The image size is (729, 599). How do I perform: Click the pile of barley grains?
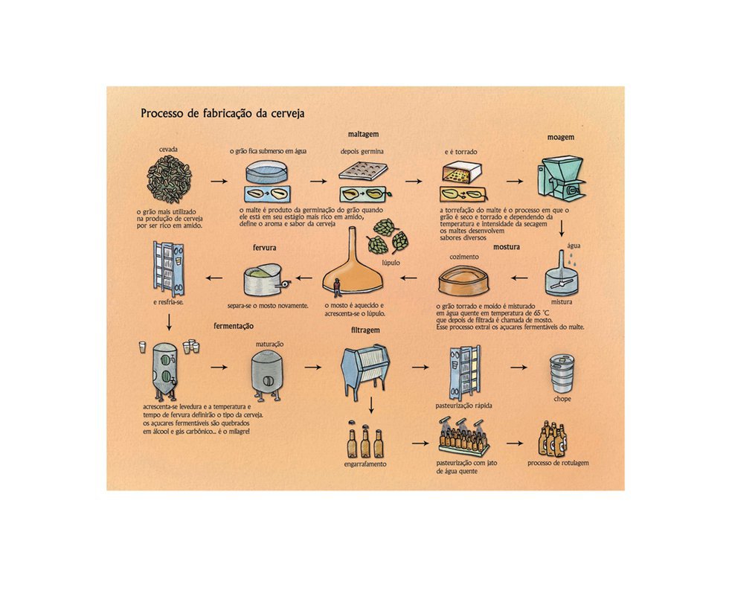[170, 179]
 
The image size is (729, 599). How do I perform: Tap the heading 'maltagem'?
[363, 135]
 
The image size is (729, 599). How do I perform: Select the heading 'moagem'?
[561, 138]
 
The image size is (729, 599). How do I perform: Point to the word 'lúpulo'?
[391, 263]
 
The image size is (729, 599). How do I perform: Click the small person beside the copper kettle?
[336, 286]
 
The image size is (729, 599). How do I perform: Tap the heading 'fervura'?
[265, 248]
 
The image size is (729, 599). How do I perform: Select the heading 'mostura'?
[507, 247]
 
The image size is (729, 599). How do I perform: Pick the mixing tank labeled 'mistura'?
[561, 275]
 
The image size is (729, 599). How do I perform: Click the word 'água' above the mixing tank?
[574, 246]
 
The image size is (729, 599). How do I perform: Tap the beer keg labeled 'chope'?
[562, 374]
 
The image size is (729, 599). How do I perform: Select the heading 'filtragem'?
[365, 330]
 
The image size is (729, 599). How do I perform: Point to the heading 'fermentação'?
[234, 327]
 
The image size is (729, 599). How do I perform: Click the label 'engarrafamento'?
[365, 464]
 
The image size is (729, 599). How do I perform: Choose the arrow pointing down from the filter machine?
[371, 405]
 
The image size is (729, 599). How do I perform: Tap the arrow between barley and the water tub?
[219, 181]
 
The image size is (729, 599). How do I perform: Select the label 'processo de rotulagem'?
[558, 463]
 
